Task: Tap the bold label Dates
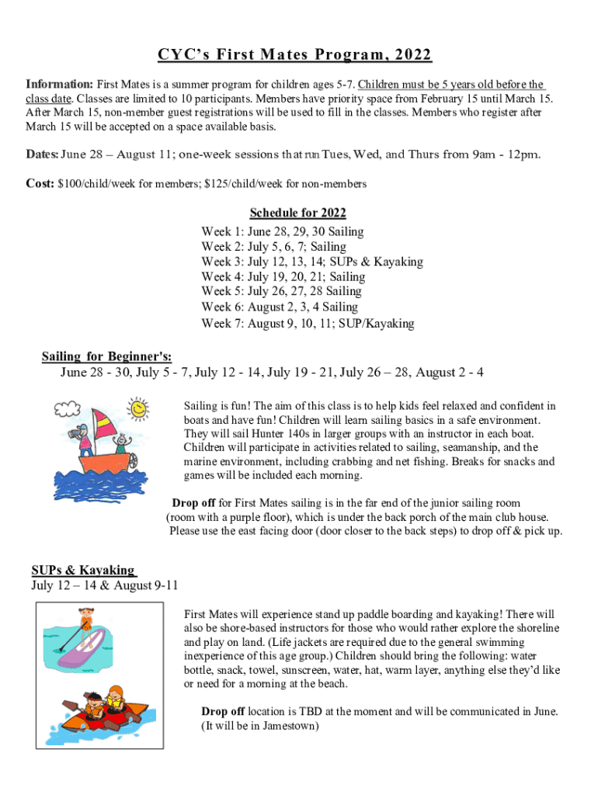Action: click(41, 154)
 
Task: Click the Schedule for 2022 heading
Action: click(297, 213)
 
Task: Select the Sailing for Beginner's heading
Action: click(106, 356)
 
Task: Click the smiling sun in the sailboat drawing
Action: click(138, 408)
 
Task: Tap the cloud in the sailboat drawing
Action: click(68, 408)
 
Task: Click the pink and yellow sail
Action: click(106, 423)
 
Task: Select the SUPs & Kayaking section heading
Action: click(84, 571)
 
